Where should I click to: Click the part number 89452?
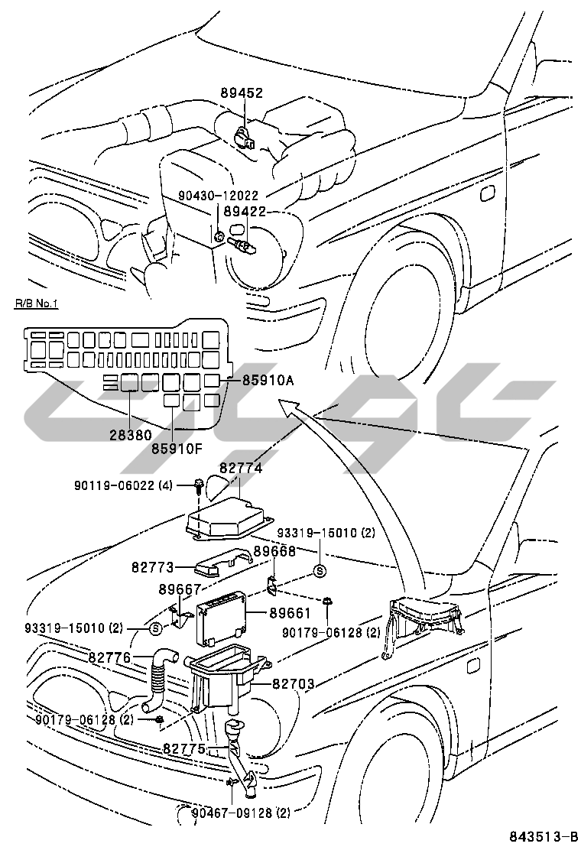click(x=242, y=93)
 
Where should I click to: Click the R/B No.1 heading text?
click(x=36, y=304)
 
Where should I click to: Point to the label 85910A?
click(x=268, y=378)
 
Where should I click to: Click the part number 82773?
click(x=153, y=567)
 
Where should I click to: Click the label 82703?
click(x=294, y=684)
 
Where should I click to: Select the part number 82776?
click(x=109, y=657)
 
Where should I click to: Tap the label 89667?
click(x=180, y=589)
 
